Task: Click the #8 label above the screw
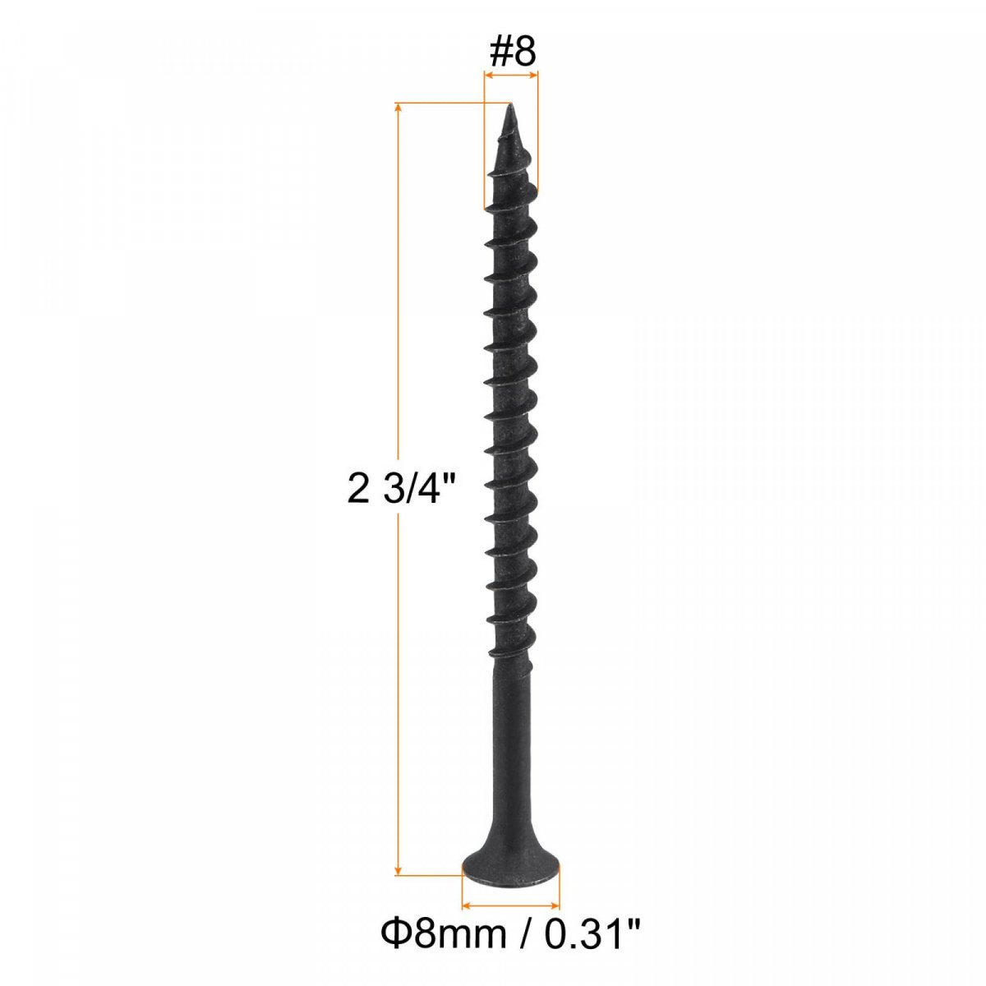pyautogui.click(x=512, y=52)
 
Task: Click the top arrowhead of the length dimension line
pyautogui.click(x=398, y=108)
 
